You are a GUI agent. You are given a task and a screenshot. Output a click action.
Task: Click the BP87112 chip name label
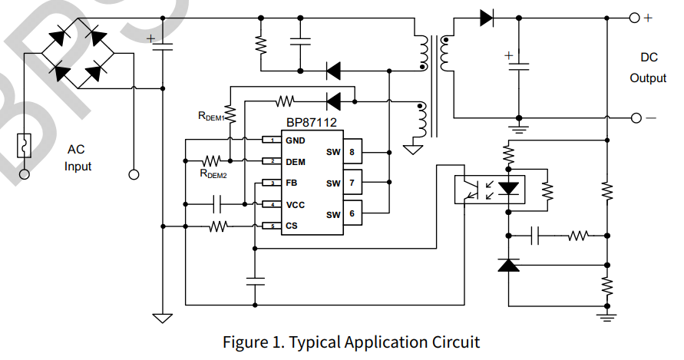[x=311, y=122]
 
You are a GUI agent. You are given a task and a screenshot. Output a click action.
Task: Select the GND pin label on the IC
[x=296, y=140]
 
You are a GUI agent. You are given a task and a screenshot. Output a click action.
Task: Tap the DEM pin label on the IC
[x=296, y=162]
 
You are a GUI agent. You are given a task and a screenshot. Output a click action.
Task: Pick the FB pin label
[x=292, y=183]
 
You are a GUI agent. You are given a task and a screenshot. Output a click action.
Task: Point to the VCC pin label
[x=295, y=205]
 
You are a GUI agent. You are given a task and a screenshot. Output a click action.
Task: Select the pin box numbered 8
[x=352, y=151]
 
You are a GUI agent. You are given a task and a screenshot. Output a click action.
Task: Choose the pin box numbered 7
[x=352, y=183]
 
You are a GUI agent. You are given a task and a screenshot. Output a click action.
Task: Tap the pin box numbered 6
[x=352, y=213]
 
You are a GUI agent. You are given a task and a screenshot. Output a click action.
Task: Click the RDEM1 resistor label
[x=210, y=117]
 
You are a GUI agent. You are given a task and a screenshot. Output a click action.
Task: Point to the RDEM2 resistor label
[x=213, y=174]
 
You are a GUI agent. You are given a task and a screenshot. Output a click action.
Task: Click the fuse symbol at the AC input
[x=25, y=145]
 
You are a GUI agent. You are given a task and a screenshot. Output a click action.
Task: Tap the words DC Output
[x=648, y=68]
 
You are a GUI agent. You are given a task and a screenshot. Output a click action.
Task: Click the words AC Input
[x=78, y=157]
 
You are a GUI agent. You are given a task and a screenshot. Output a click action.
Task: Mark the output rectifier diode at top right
[x=487, y=18]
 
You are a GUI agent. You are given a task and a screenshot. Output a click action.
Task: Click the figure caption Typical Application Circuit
[x=351, y=342]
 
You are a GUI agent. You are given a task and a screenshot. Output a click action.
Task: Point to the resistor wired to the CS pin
[x=220, y=226]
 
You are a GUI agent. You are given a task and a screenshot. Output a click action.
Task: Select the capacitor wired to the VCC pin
[x=216, y=204]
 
